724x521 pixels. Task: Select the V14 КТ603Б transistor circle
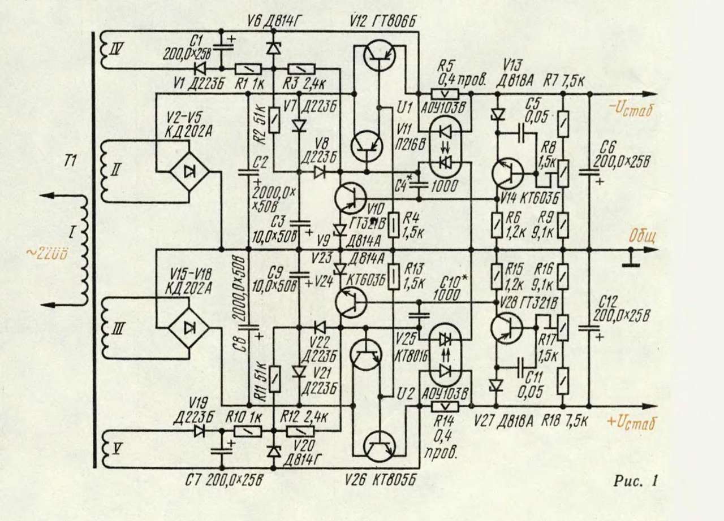[x=508, y=173]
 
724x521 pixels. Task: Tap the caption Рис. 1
[x=636, y=481]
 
